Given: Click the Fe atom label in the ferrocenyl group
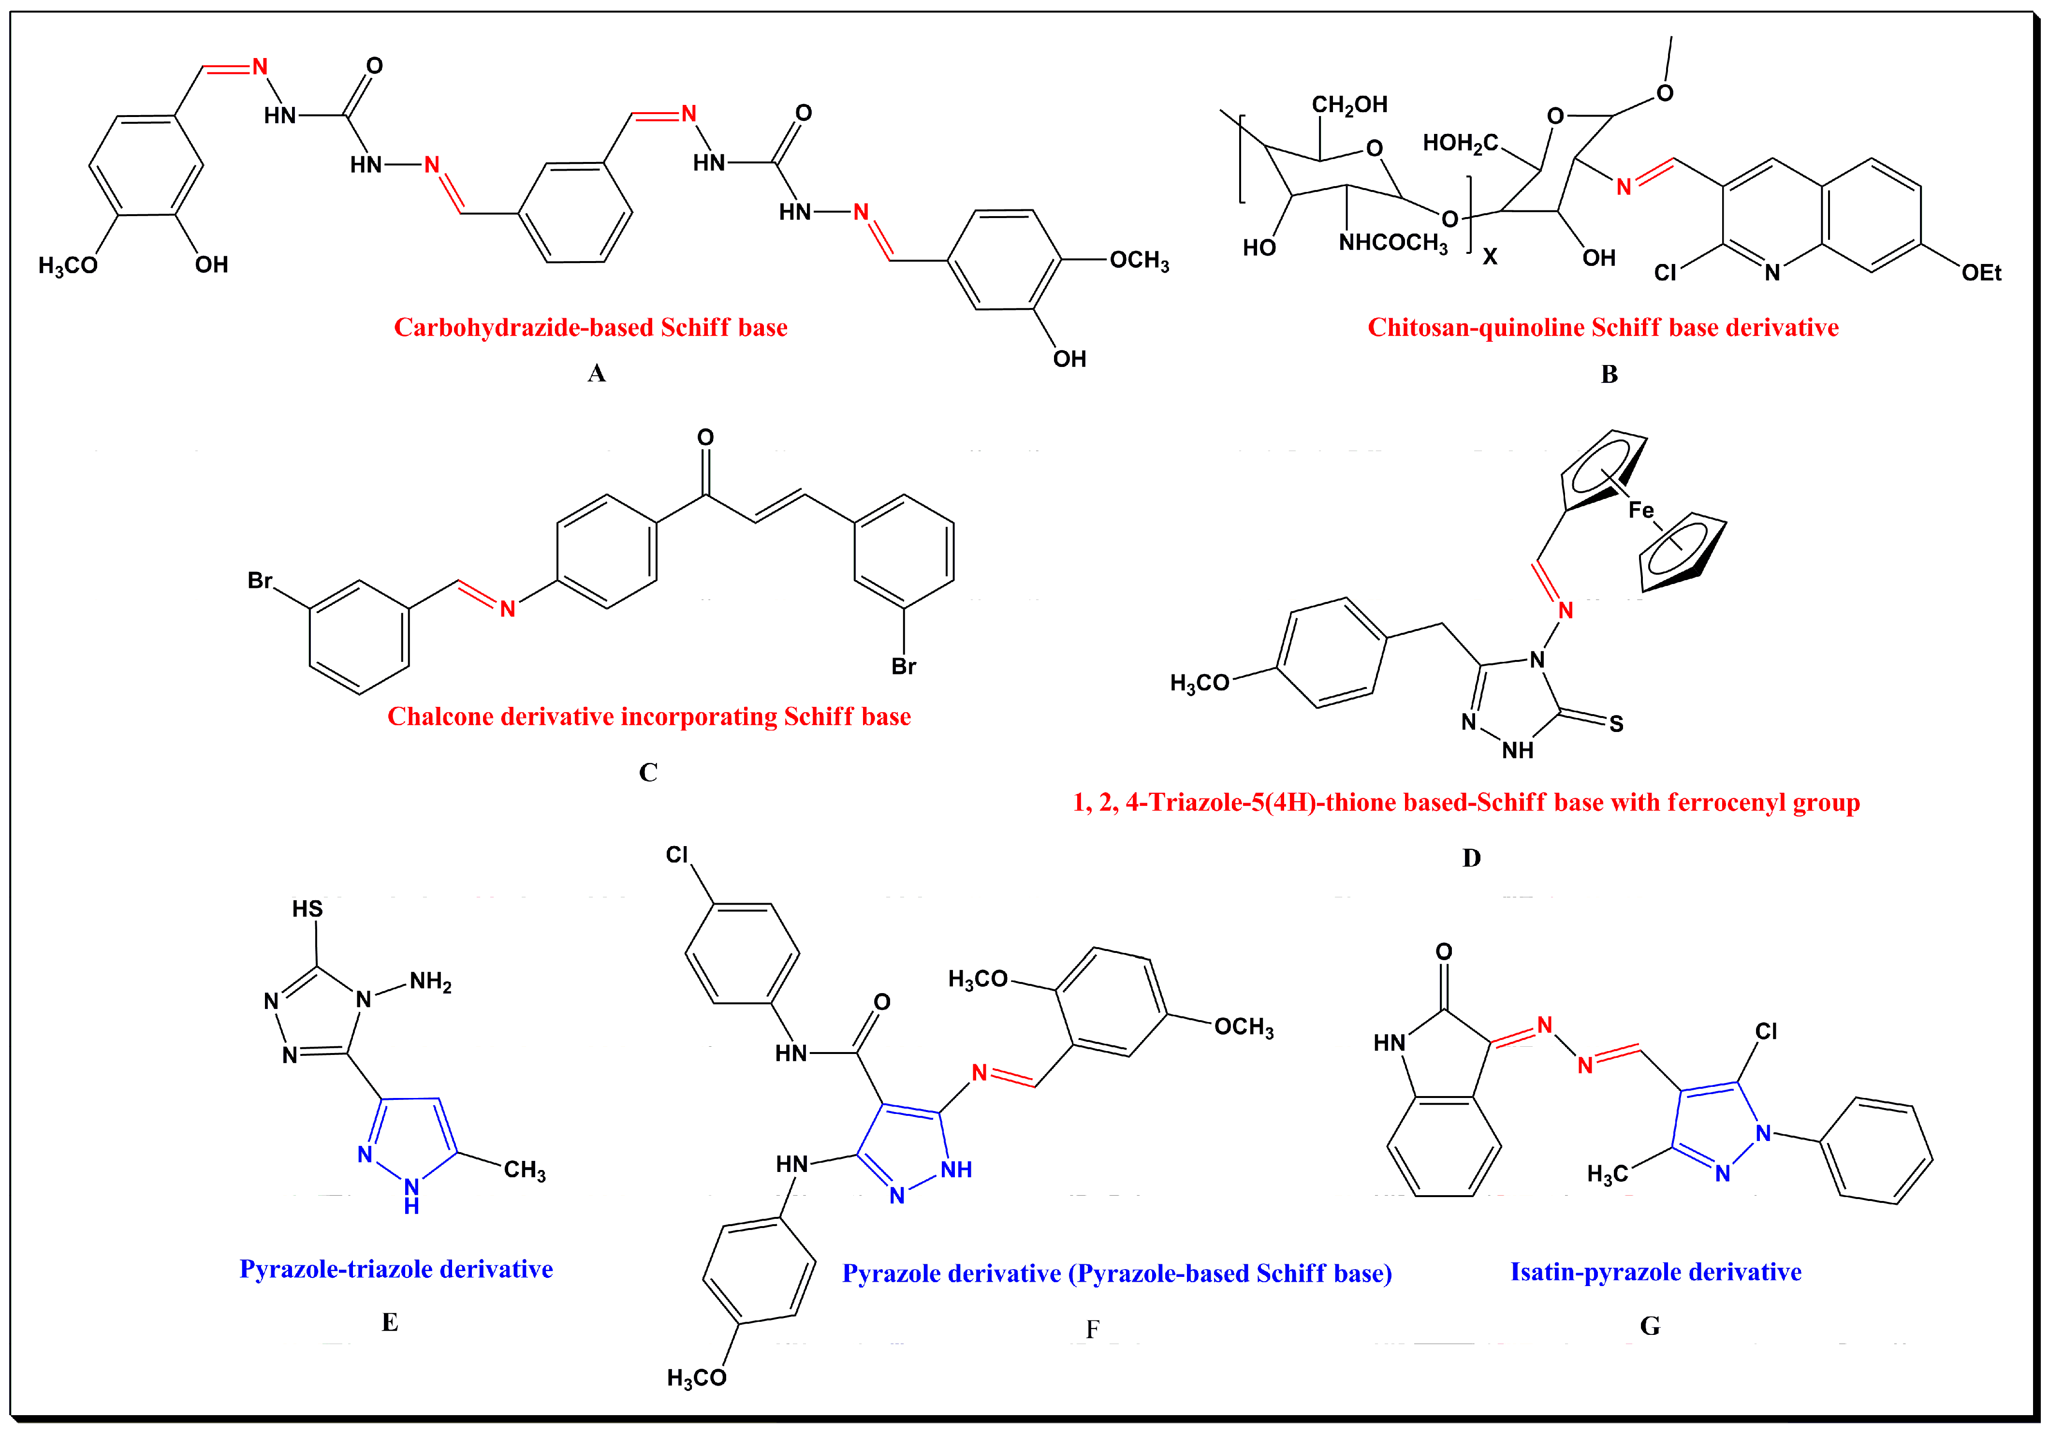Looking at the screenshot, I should [x=1640, y=511].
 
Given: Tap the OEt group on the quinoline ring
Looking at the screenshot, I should [x=1980, y=273].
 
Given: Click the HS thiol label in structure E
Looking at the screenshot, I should [x=307, y=909].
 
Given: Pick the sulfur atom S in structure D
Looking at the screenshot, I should [x=1616, y=724].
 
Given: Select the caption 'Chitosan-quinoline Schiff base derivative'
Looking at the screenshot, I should [x=1603, y=327].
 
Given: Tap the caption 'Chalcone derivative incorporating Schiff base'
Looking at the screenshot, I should [x=649, y=717].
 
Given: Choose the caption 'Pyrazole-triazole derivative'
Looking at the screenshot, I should [x=396, y=1269].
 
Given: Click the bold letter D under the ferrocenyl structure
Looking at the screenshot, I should [x=1472, y=859].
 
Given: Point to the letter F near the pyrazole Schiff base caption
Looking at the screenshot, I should [x=1092, y=1330].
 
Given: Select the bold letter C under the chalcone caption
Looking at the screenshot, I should [x=648, y=773].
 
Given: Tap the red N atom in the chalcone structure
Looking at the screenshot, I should [x=508, y=610].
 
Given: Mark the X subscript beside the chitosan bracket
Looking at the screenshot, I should [x=1490, y=257].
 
